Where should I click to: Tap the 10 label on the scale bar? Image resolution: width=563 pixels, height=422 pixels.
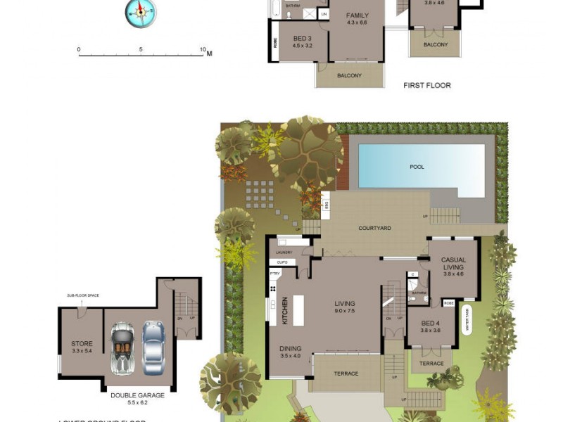pyautogui.click(x=203, y=50)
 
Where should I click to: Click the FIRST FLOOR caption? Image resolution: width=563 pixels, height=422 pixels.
pyautogui.click(x=426, y=86)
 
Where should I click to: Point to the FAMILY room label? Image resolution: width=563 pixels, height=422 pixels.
pyautogui.click(x=358, y=15)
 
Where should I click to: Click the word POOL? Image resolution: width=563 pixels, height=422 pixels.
pyautogui.click(x=417, y=167)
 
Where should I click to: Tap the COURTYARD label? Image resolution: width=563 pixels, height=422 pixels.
pyautogui.click(x=374, y=228)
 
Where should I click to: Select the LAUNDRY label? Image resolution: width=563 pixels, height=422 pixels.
pyautogui.click(x=284, y=252)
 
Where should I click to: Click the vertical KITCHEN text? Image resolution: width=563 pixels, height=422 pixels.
pyautogui.click(x=285, y=310)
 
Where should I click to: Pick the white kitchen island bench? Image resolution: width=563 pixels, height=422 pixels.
pyautogui.click(x=298, y=310)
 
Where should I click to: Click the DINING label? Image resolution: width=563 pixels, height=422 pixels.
pyautogui.click(x=291, y=348)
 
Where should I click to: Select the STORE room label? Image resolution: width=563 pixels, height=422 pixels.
pyautogui.click(x=82, y=344)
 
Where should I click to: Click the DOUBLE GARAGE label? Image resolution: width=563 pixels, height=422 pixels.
pyautogui.click(x=137, y=395)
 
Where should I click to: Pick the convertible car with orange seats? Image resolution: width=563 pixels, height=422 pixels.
pyautogui.click(x=122, y=347)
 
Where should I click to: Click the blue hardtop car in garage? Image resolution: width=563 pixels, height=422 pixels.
pyautogui.click(x=153, y=347)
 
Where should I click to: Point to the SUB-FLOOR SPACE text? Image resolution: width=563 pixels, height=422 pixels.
pyautogui.click(x=83, y=295)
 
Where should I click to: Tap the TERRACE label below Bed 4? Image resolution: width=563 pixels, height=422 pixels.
pyautogui.click(x=431, y=364)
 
